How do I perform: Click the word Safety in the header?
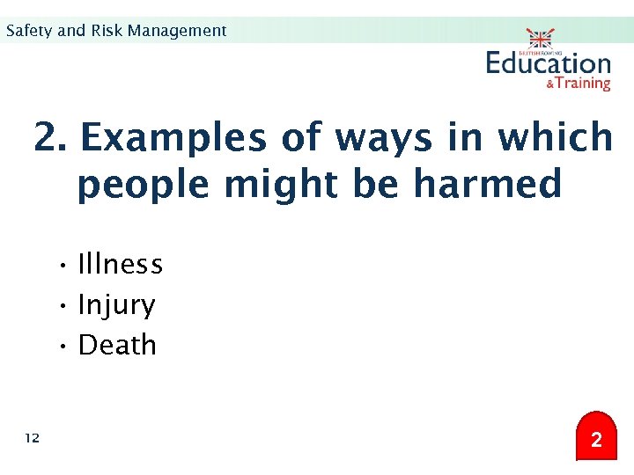click(29, 31)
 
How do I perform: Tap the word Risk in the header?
click(106, 31)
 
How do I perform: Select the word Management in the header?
click(177, 31)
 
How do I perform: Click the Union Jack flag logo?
click(540, 39)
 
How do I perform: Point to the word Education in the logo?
click(548, 63)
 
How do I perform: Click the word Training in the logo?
click(583, 84)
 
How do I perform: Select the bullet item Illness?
click(121, 264)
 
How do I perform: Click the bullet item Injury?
click(116, 305)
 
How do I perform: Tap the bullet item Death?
click(117, 345)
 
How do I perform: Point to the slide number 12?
click(33, 438)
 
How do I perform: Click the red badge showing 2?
click(596, 438)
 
